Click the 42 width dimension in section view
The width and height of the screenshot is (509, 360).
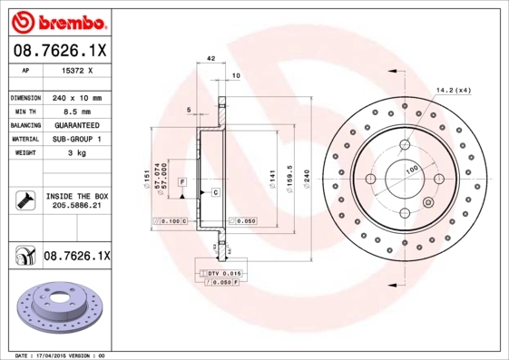coord(210,57)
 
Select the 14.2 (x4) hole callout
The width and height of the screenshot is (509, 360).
coord(454,90)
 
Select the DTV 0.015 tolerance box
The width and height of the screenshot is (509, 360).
coord(220,273)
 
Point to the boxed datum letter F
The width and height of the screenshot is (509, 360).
coord(181,182)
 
